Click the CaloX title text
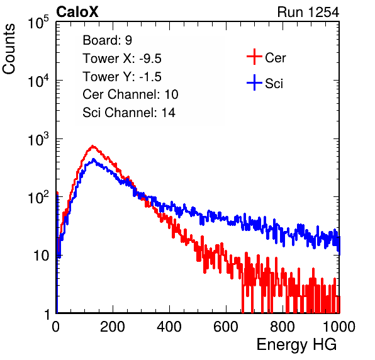[x=77, y=12]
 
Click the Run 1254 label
[x=308, y=12]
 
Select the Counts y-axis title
[x=9, y=49]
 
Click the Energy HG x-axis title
[x=296, y=345]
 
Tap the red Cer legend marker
[x=254, y=57]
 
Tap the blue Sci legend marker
[x=254, y=82]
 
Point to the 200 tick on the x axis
[x=113, y=327]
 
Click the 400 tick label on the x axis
[x=169, y=327]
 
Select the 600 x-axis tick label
[x=226, y=327]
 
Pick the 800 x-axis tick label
[x=283, y=327]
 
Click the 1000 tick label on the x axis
[x=339, y=327]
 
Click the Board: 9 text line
[x=107, y=40]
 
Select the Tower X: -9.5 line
[x=122, y=59]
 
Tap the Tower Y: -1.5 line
[x=122, y=77]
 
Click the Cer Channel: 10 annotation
[x=130, y=94]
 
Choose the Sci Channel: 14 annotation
[x=129, y=113]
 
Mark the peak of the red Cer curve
[x=92, y=145]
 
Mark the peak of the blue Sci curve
[x=94, y=159]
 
